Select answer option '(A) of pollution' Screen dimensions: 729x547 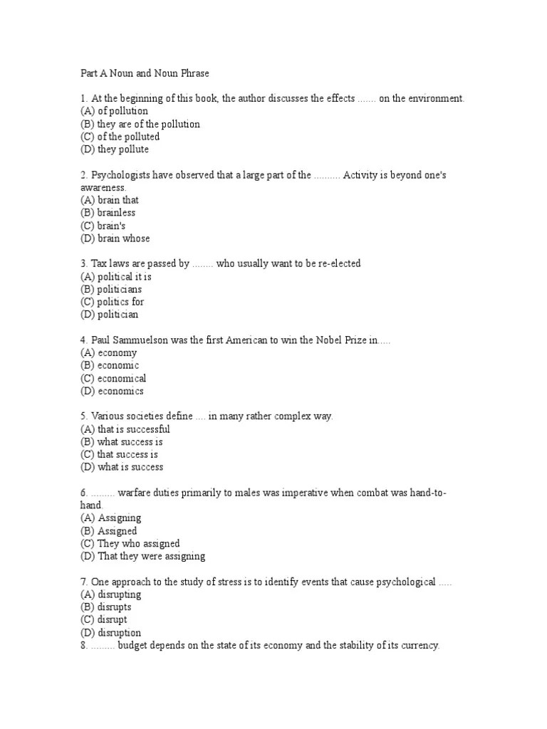pos(114,111)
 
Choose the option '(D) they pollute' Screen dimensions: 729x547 pos(114,150)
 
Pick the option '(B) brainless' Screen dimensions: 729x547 pos(108,213)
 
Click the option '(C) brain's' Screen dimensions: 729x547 pos(103,226)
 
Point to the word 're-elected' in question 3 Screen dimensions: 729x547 pos(338,263)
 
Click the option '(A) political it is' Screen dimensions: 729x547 pos(116,276)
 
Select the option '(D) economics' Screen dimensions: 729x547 pos(112,391)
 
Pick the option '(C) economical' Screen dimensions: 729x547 pos(113,378)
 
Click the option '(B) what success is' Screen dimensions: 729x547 pos(122,441)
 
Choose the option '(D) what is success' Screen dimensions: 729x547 pos(122,467)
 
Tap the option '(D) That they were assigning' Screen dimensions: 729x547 pos(142,556)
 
